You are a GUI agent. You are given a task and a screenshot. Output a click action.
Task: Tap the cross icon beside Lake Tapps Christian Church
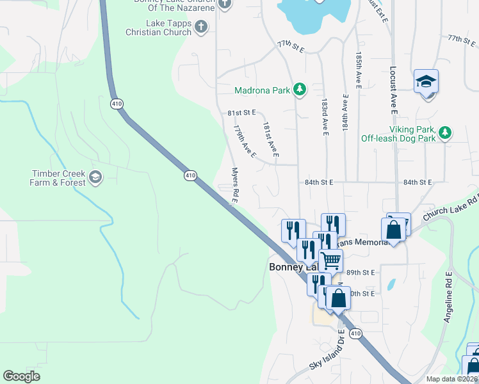pos(201,27)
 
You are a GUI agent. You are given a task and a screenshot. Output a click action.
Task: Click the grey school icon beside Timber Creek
pos(95,177)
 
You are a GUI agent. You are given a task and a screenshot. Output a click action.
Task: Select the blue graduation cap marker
pos(426,82)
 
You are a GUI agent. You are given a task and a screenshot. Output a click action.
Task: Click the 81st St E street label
pos(241,113)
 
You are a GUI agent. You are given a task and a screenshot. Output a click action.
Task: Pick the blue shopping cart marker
pos(330,260)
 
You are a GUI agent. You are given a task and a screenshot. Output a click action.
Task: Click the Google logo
pos(22,376)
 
